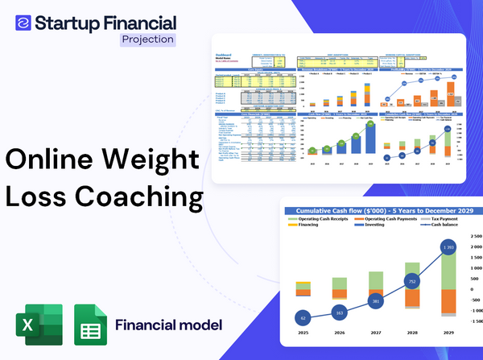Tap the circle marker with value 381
point(375,301)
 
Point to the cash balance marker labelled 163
point(339,312)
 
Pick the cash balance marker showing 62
point(303,318)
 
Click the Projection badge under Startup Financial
point(147,39)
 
